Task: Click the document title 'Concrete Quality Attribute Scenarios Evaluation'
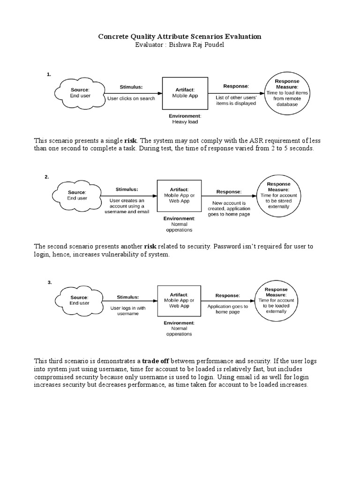coord(180,37)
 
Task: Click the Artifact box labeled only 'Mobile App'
coord(185,92)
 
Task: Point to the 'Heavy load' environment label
coord(185,122)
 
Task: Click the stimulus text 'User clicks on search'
coord(131,99)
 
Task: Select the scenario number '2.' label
coord(47,177)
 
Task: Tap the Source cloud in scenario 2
coord(77,195)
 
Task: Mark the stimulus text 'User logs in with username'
coord(128,311)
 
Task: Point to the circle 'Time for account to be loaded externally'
coord(276,300)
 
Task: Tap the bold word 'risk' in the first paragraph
coord(131,140)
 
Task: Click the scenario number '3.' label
coord(50,282)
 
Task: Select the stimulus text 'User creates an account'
coord(127,203)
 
